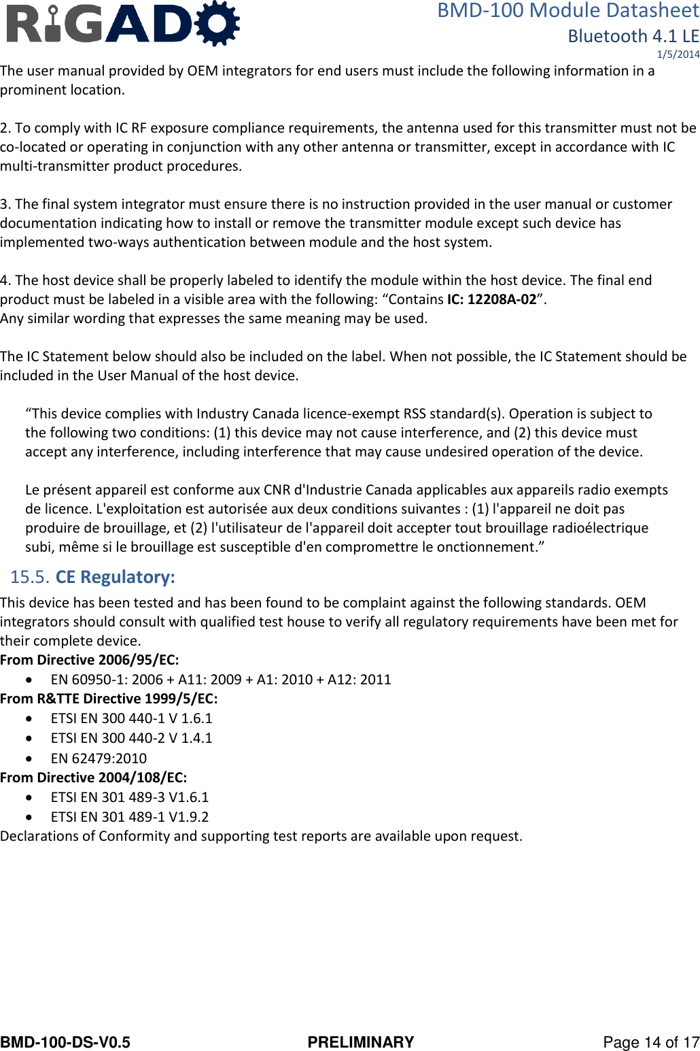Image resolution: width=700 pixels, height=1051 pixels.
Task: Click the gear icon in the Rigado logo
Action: (x=217, y=22)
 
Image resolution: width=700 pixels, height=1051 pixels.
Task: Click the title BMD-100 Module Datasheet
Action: (x=567, y=11)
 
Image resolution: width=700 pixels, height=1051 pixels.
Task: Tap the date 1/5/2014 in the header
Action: (x=678, y=54)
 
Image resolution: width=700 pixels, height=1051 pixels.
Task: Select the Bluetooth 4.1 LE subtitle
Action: (x=633, y=36)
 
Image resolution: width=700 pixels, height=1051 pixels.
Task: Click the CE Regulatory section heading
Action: (x=115, y=577)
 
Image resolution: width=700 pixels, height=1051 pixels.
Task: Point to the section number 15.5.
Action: (x=29, y=577)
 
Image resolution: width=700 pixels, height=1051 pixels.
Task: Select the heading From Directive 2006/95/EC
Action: (x=90, y=660)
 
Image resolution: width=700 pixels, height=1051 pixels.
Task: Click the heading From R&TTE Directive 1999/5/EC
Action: (x=109, y=699)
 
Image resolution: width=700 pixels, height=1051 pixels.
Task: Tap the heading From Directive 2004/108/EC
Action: (x=93, y=778)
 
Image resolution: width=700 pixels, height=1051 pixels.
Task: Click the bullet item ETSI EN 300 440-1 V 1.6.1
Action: (x=131, y=718)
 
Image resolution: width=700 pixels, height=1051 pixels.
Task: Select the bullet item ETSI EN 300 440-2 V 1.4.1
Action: (x=131, y=738)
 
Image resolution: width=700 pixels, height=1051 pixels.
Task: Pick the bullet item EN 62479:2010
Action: (x=99, y=758)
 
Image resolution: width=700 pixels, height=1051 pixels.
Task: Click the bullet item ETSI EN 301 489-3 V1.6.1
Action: (x=130, y=797)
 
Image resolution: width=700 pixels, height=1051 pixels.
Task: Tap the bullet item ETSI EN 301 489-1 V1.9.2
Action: (x=130, y=817)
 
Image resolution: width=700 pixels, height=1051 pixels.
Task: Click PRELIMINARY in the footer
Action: (x=360, y=1042)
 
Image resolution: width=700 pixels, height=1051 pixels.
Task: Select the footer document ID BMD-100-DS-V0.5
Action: (x=65, y=1042)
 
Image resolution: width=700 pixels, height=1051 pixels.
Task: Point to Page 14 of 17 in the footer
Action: (x=650, y=1042)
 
